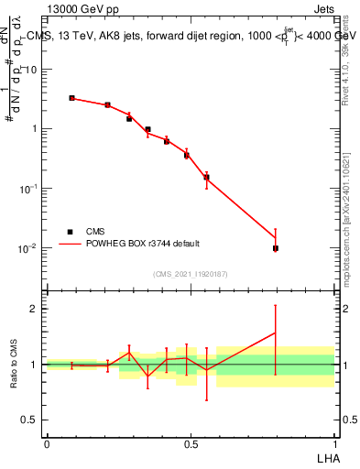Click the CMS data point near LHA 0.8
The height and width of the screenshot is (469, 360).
pos(276,248)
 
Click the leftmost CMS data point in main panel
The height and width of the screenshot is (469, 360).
pos(71,98)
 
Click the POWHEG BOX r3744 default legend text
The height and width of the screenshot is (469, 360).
pos(143,244)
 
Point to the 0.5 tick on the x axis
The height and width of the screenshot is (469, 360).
pos(190,444)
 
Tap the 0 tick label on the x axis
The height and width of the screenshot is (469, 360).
pos(47,444)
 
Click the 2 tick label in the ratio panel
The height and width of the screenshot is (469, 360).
pos(36,309)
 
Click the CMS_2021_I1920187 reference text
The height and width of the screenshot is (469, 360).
pos(190,273)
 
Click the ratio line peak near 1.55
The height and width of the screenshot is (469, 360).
pos(276,333)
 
